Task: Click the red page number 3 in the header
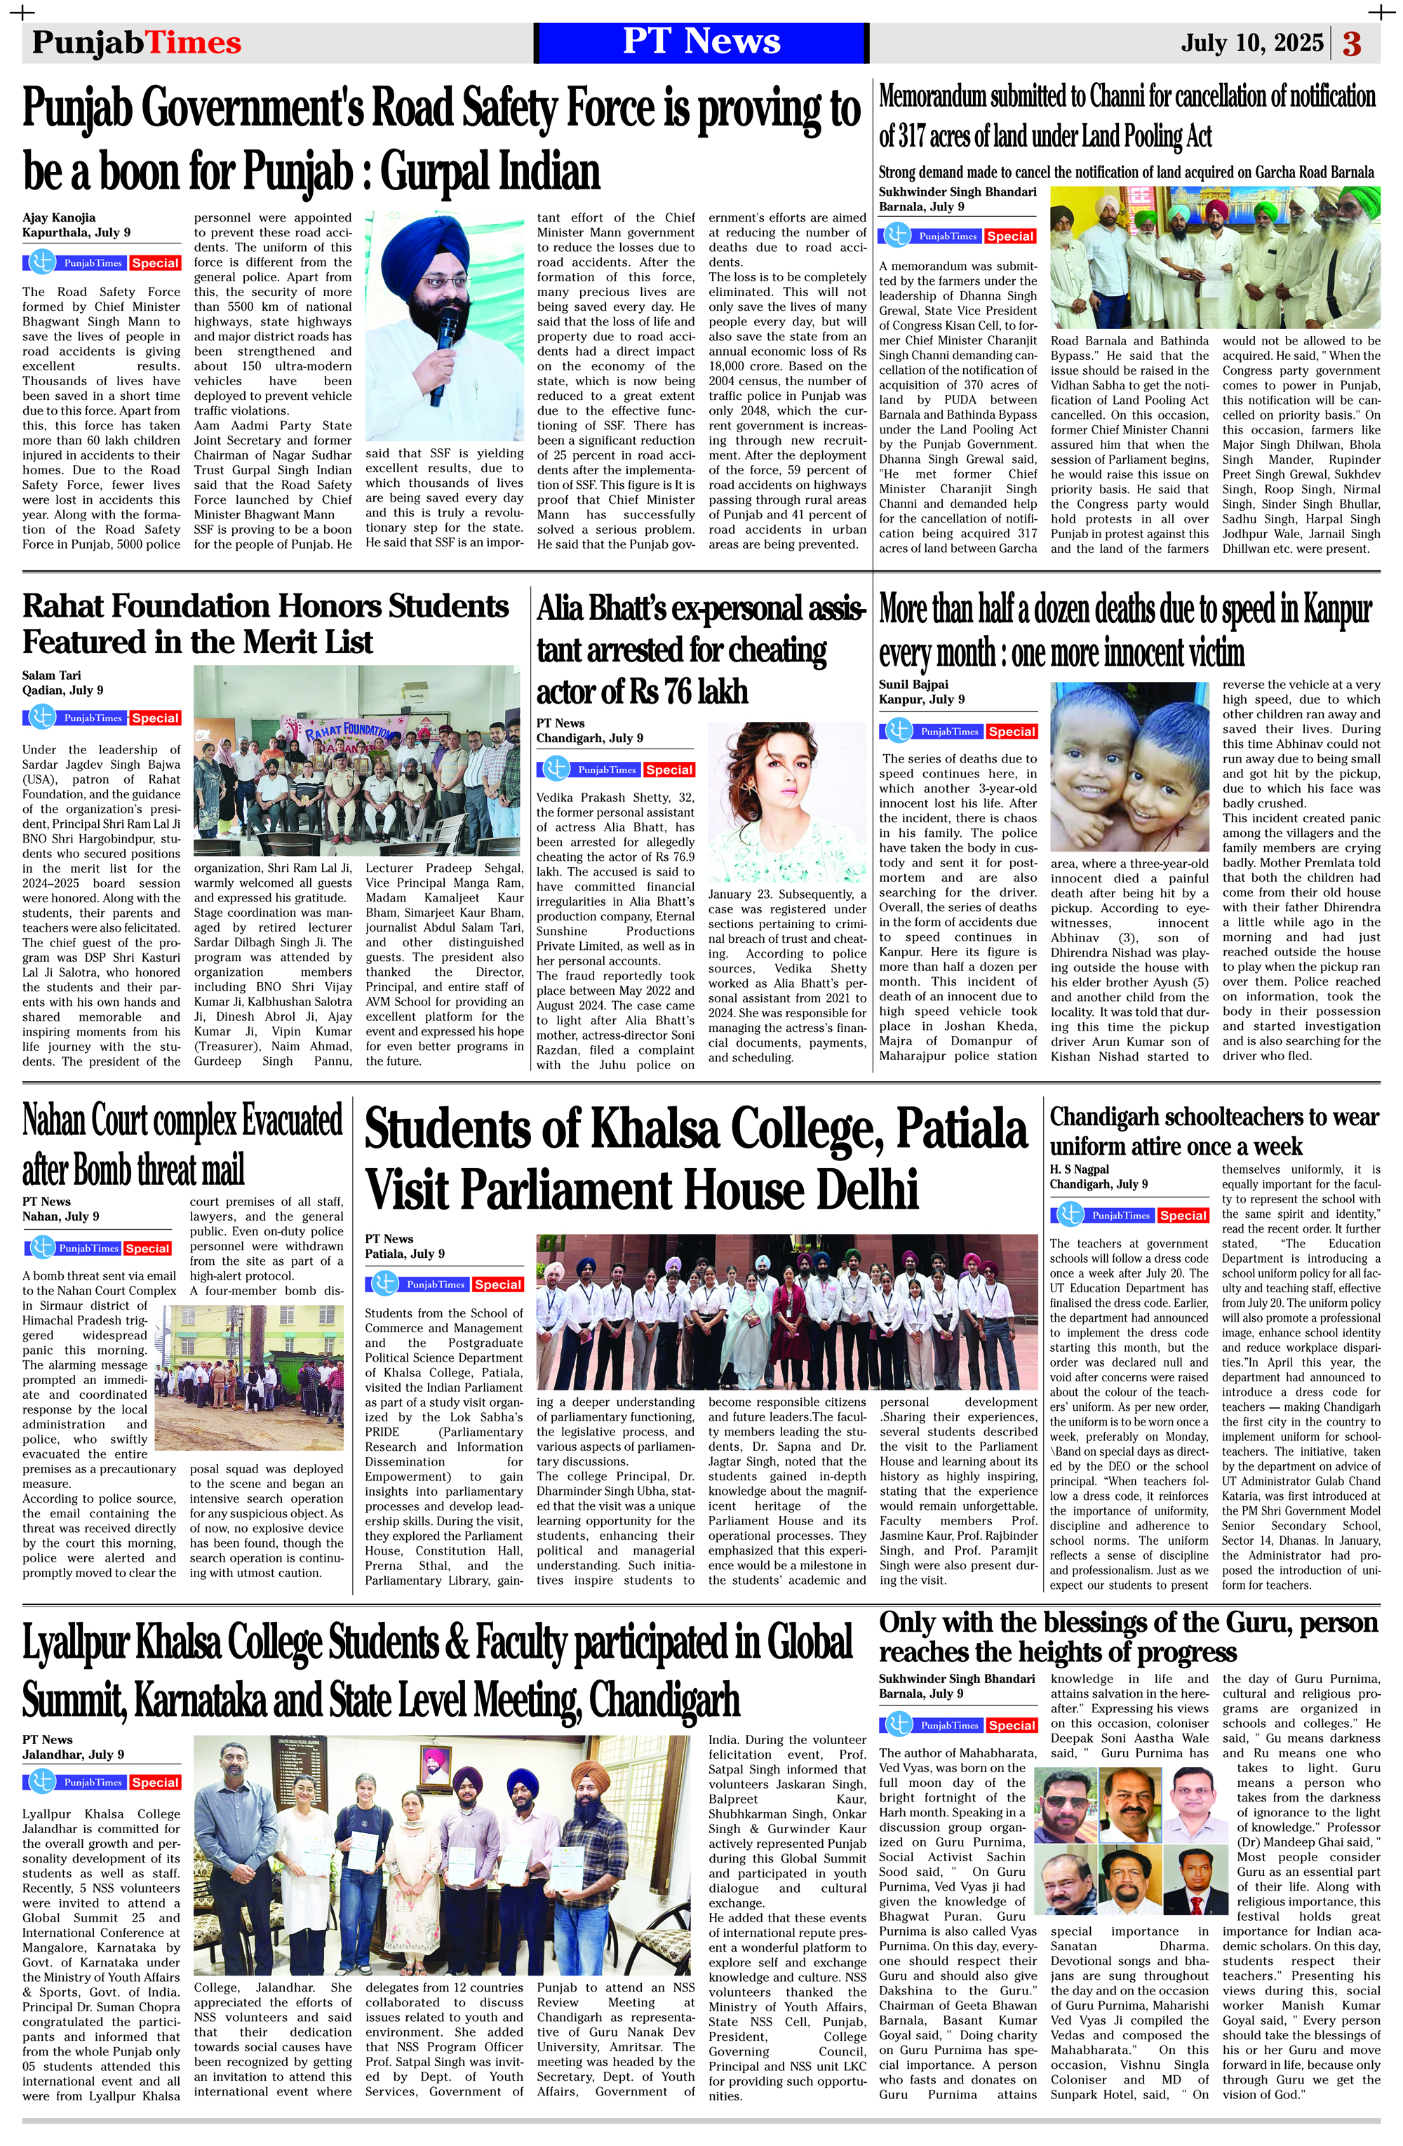click(x=1352, y=43)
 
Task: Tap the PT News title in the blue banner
click(x=701, y=41)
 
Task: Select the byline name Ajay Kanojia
click(x=59, y=217)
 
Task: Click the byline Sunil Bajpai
click(x=913, y=685)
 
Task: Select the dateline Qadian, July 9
click(x=63, y=690)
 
